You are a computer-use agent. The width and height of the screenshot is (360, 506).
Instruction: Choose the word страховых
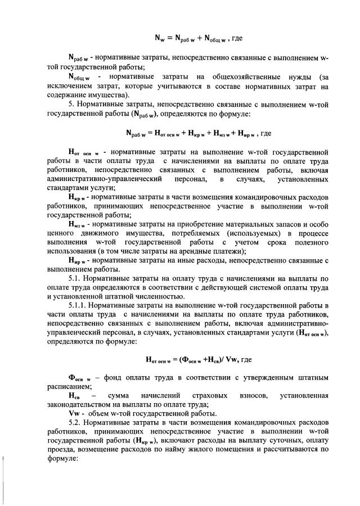tap(209, 396)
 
